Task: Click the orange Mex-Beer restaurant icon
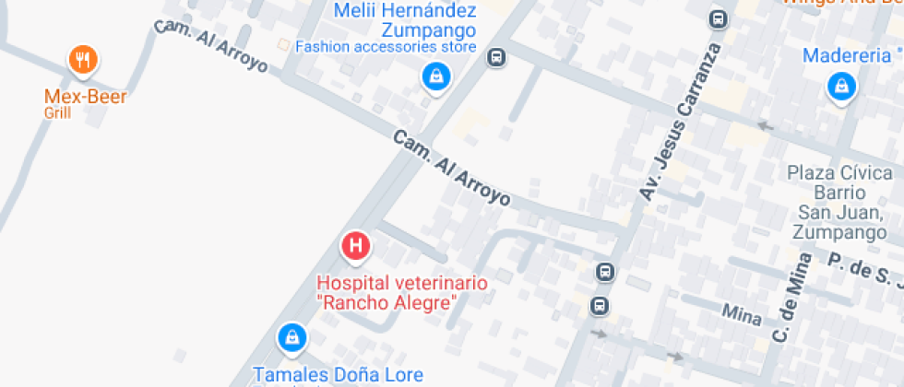point(83,61)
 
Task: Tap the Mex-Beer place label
point(86,95)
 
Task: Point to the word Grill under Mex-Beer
point(57,113)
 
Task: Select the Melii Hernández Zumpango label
point(405,19)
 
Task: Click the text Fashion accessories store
point(386,47)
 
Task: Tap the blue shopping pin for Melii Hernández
point(434,76)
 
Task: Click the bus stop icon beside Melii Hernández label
point(497,57)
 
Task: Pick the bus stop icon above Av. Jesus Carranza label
point(718,18)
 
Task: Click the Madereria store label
point(848,55)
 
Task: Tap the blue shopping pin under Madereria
point(841,88)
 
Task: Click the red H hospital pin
point(356,246)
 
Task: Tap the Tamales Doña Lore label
point(339,374)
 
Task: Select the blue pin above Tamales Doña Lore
point(291,337)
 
